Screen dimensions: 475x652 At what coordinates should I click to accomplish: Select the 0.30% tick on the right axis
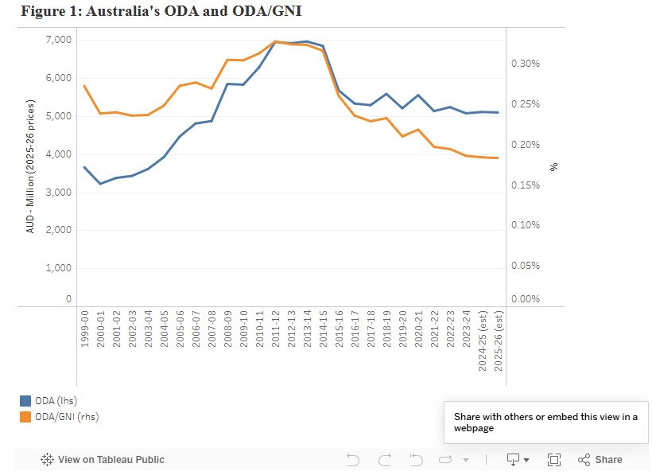(x=524, y=64)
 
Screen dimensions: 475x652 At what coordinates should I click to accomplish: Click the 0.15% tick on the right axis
(x=524, y=185)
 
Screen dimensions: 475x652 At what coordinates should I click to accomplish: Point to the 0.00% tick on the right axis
(x=524, y=299)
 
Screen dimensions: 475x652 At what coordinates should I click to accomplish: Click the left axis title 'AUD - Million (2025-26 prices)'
(x=30, y=166)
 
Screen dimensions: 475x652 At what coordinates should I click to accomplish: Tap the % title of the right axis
(x=554, y=166)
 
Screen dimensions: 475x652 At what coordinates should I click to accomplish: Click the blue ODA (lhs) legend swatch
(x=26, y=401)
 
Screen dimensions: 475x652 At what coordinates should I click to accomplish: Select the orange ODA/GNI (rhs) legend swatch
(x=26, y=416)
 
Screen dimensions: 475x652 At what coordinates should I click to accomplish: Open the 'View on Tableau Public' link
(x=103, y=459)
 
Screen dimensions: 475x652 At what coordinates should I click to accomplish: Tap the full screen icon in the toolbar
(x=554, y=459)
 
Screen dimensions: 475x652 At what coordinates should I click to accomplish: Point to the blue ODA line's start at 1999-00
(x=84, y=167)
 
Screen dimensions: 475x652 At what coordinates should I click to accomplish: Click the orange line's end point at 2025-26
(x=498, y=158)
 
